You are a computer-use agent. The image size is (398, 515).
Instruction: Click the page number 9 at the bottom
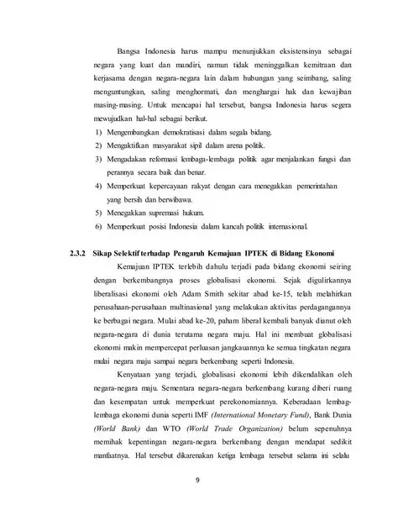click(x=199, y=481)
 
